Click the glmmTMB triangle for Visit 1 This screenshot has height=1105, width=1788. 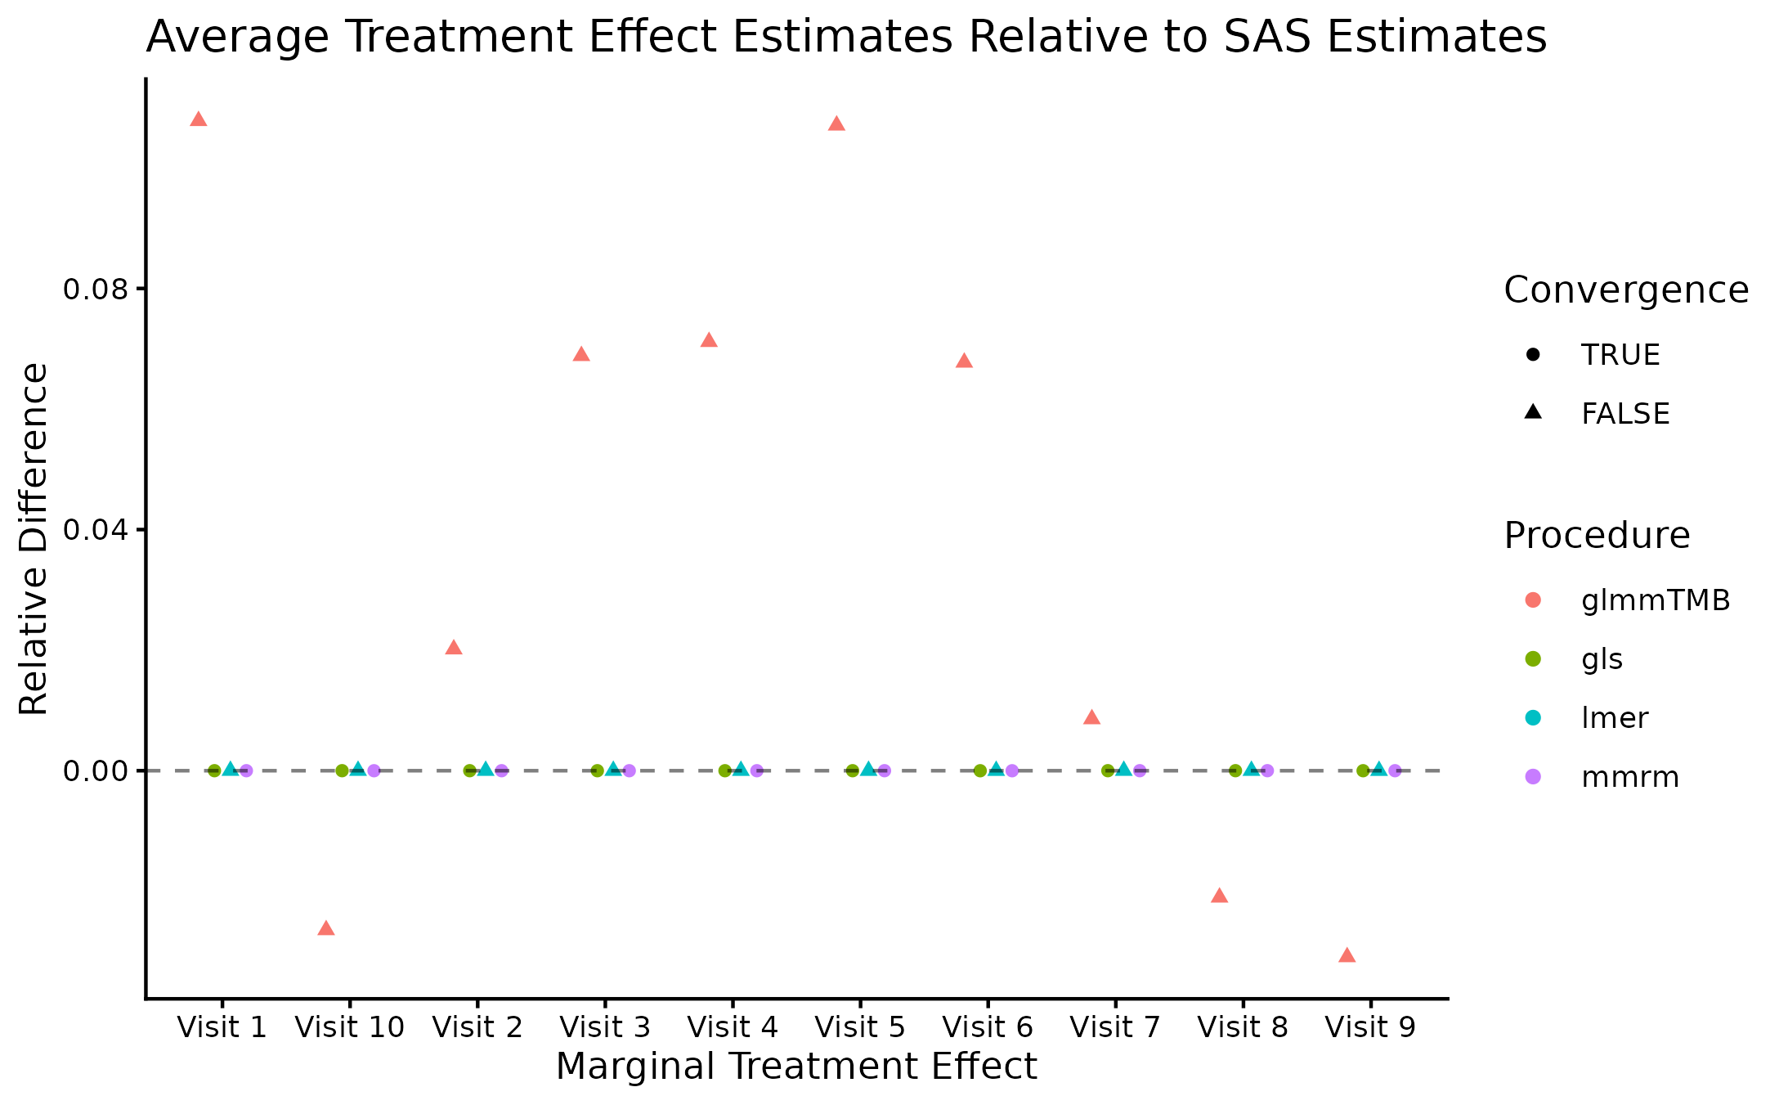coord(198,119)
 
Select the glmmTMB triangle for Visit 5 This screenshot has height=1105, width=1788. coord(836,124)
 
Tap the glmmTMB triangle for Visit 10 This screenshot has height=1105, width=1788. coord(325,928)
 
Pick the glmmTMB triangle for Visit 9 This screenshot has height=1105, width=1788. coord(1347,955)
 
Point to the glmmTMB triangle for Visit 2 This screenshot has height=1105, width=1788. coord(454,648)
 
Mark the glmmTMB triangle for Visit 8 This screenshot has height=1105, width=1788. coord(1219,896)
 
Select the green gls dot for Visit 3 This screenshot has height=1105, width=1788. coord(597,770)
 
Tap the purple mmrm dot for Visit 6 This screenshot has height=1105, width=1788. coord(1011,770)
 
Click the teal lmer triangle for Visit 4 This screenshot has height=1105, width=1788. coord(741,770)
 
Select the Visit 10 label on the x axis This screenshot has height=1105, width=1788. coord(349,1027)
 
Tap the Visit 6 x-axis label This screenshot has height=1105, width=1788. coord(988,1027)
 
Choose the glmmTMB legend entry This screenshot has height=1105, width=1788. coord(1656,600)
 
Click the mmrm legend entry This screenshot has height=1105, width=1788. coord(1630,777)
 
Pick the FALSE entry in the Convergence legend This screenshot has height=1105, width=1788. coord(1624,414)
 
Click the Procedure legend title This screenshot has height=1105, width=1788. coord(1597,536)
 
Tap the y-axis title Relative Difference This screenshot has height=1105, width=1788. coord(34,540)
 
